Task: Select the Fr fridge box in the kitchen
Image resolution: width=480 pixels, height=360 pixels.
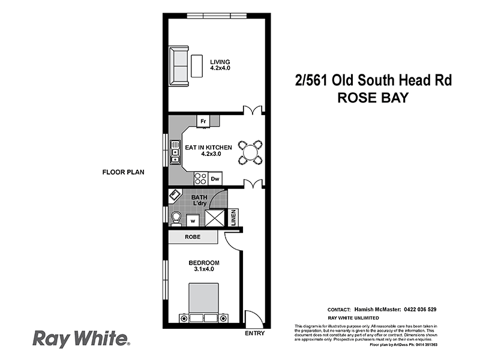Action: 203,121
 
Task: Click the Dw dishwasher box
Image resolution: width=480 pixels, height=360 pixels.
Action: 215,178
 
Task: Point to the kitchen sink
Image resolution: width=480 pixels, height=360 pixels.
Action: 175,152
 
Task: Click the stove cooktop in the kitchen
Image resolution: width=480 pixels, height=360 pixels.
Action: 200,178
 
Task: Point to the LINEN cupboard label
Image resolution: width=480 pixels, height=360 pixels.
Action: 233,217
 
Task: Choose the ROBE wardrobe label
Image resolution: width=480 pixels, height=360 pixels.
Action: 193,238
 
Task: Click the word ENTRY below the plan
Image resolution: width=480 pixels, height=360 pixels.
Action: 254,333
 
